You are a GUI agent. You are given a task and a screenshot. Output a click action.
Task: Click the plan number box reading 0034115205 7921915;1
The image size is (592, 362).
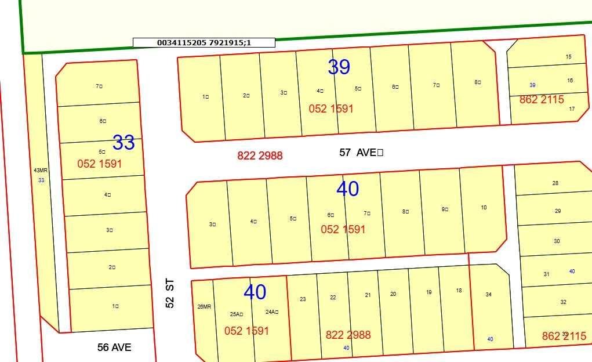[204, 42]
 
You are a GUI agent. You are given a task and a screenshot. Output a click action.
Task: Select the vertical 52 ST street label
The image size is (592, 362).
[169, 294]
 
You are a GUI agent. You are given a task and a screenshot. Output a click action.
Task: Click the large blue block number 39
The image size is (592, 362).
[339, 67]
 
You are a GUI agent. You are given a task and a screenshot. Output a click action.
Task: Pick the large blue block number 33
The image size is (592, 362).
[124, 142]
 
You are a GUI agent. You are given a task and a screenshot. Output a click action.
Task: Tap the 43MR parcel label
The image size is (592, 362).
[41, 171]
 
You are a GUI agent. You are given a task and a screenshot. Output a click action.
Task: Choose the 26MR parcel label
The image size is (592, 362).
[204, 307]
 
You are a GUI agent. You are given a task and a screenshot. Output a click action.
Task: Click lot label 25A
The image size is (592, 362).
[236, 314]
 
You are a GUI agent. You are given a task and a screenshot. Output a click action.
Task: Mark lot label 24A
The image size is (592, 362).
[271, 312]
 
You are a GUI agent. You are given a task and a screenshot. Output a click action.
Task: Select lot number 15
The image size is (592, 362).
[568, 57]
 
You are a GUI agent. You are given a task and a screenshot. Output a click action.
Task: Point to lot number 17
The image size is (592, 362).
[572, 109]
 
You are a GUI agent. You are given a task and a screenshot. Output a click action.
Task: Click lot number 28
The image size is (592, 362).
[555, 183]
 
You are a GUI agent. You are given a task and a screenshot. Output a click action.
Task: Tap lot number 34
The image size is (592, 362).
[488, 295]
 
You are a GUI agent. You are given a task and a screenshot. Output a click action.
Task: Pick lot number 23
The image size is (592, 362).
[303, 299]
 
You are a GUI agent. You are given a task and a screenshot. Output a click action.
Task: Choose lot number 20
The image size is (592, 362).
[393, 294]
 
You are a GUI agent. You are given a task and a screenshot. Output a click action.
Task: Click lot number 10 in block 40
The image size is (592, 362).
[484, 208]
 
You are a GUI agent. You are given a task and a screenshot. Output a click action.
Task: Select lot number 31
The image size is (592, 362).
[546, 274]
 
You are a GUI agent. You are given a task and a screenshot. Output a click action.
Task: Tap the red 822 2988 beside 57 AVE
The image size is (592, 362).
[260, 155]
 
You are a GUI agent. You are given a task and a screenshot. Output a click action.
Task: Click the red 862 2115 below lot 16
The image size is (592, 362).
[542, 100]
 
